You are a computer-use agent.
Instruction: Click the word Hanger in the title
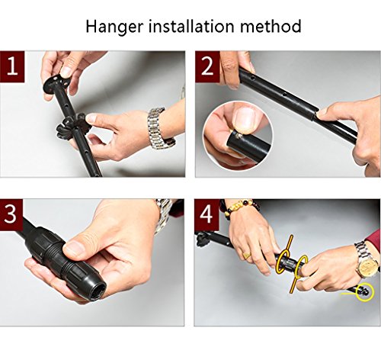coord(114,27)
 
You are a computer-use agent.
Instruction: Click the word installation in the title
coord(191,26)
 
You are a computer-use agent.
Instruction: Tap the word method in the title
coord(271,26)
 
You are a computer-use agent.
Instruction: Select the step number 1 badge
coord(12,66)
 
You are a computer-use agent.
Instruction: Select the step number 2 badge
coord(207,66)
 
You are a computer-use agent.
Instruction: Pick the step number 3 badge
coord(11,214)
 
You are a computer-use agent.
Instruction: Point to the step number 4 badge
coord(207,215)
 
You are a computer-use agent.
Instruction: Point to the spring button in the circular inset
coord(238,135)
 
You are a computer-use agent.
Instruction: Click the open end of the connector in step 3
coord(97,291)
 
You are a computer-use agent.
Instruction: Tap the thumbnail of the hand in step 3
coord(74,249)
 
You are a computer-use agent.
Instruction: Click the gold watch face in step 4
coord(368,266)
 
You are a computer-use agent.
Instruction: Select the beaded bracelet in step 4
coord(242,207)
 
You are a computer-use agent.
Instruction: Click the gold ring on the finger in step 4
coord(246,256)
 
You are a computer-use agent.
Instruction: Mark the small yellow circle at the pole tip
coord(366,292)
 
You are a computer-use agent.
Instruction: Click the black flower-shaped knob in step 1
coord(72,126)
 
